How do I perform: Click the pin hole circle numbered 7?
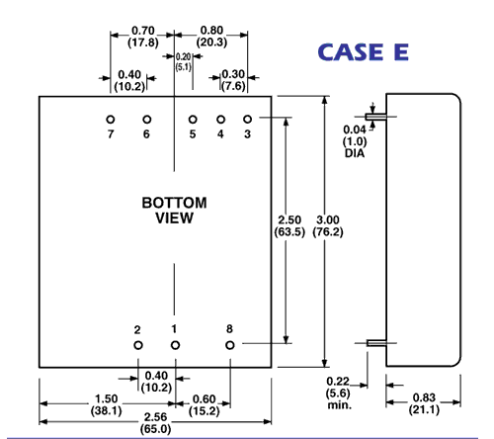(x=111, y=120)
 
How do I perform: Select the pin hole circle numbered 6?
(x=147, y=120)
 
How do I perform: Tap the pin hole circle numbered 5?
(x=193, y=120)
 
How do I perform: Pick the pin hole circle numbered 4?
(x=220, y=120)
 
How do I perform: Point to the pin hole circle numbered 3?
(x=247, y=120)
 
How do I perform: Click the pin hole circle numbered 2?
(x=138, y=345)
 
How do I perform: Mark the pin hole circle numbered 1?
(x=175, y=345)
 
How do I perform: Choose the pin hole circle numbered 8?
(x=230, y=345)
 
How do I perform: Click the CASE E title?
(x=364, y=52)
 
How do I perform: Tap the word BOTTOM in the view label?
(x=174, y=203)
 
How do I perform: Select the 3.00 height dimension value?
(x=328, y=219)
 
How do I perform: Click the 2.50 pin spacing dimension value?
(x=289, y=219)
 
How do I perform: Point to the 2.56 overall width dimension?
(x=155, y=417)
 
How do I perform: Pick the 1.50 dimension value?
(x=106, y=399)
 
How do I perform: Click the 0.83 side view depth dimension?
(x=424, y=397)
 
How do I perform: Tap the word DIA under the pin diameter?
(x=355, y=153)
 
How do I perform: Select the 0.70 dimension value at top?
(x=143, y=31)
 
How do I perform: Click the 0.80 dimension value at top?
(x=211, y=31)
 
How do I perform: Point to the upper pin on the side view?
(x=375, y=117)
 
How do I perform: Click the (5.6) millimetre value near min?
(x=338, y=394)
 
